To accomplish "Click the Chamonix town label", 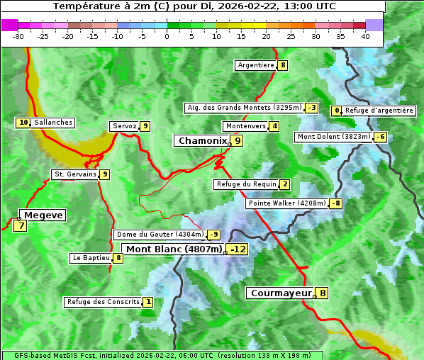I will click(x=202, y=141).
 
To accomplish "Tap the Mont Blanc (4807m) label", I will click(x=174, y=249).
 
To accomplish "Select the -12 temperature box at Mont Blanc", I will click(x=238, y=249).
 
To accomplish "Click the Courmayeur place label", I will click(x=281, y=293).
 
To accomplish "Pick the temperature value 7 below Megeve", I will click(x=21, y=227).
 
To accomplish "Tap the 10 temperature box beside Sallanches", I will click(x=23, y=123).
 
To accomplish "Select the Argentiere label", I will click(x=256, y=65).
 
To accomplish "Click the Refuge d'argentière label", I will click(x=379, y=111).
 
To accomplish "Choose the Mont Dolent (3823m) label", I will click(x=334, y=137).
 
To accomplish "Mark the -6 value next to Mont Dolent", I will click(x=381, y=137).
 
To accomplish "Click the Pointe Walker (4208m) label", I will click(x=286, y=203).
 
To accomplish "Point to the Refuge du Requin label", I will click(x=246, y=184).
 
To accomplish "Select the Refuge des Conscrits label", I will click(x=103, y=302).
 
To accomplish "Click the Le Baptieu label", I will click(x=91, y=258).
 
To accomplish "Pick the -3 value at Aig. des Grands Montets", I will click(x=311, y=108).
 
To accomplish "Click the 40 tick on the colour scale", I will click(x=365, y=36).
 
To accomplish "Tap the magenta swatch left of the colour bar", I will click(x=10, y=25).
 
